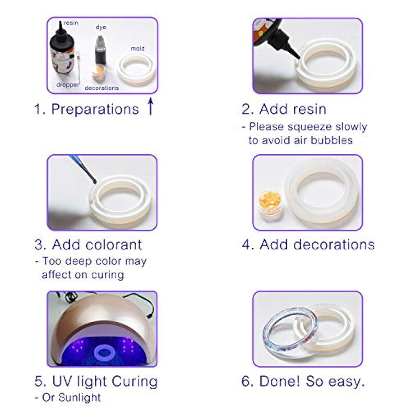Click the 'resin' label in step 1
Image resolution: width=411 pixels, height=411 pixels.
pyautogui.click(x=71, y=23)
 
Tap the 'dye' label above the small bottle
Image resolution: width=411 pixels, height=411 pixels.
pyautogui.click(x=101, y=28)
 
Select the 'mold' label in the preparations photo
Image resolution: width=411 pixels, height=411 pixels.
pyautogui.click(x=138, y=48)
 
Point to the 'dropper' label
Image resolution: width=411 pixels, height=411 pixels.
pyautogui.click(x=68, y=85)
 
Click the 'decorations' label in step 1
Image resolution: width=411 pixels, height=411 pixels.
pyautogui.click(x=102, y=88)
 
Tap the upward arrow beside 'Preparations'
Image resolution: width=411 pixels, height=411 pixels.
pyautogui.click(x=150, y=106)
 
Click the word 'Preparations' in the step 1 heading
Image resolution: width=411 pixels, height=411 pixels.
pyautogui.click(x=95, y=109)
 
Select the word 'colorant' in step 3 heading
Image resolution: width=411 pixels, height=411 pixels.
pyautogui.click(x=114, y=245)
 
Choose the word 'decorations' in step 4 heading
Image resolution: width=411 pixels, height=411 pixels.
pyautogui.click(x=334, y=245)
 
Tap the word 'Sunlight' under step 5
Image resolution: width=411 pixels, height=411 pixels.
pyautogui.click(x=79, y=397)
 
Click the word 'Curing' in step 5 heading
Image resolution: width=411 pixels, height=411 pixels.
pyautogui.click(x=134, y=381)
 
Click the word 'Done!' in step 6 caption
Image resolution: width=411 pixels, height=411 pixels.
pyautogui.click(x=279, y=381)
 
